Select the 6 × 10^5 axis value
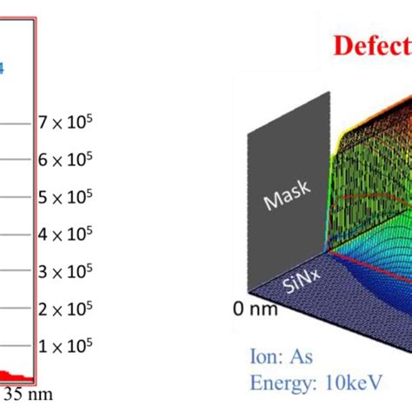coord(65,160)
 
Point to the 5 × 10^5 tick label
coord(65,197)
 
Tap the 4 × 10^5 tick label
coord(65,235)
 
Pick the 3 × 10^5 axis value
coord(65,272)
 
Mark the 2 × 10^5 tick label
coord(65,310)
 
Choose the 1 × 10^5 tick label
coord(65,348)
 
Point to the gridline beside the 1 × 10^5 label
coord(17,348)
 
